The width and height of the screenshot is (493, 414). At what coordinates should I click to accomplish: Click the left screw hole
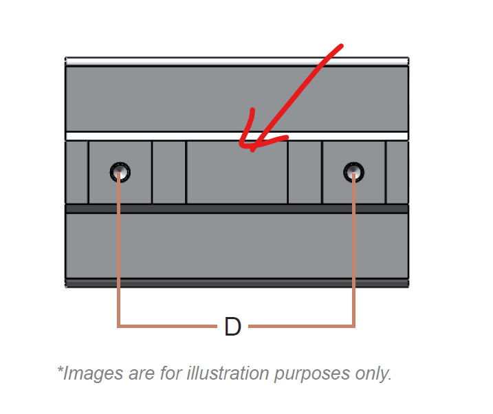(x=120, y=172)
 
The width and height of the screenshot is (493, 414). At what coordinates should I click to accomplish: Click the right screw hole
(x=353, y=172)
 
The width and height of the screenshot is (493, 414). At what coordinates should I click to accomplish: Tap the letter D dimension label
(x=232, y=327)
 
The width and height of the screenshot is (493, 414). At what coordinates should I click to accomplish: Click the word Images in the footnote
(x=93, y=373)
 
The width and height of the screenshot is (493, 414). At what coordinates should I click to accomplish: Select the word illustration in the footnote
(x=228, y=373)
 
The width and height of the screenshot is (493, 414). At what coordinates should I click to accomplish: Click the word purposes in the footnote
(x=312, y=374)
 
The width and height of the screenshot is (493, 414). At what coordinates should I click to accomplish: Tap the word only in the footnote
(x=373, y=374)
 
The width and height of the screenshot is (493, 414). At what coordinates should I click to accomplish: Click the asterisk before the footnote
(x=60, y=369)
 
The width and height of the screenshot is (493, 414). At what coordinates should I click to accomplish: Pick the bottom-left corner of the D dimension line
(x=118, y=326)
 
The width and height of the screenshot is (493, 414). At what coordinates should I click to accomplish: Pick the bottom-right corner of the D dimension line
(x=353, y=326)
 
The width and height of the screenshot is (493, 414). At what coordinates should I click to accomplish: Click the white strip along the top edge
(x=237, y=61)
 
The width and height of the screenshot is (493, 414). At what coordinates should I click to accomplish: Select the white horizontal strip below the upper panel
(x=237, y=136)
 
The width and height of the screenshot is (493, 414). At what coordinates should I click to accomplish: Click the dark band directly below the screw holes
(x=237, y=209)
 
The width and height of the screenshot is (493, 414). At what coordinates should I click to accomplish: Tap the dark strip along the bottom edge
(x=237, y=283)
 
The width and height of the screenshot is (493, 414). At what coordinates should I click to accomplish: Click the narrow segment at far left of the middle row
(x=77, y=172)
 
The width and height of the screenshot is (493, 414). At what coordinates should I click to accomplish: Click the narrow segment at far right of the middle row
(x=397, y=172)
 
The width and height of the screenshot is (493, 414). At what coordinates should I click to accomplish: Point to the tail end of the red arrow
(x=342, y=46)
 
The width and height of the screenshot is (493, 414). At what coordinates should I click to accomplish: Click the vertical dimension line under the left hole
(x=118, y=249)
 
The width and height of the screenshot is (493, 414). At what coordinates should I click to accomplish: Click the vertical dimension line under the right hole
(x=353, y=249)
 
